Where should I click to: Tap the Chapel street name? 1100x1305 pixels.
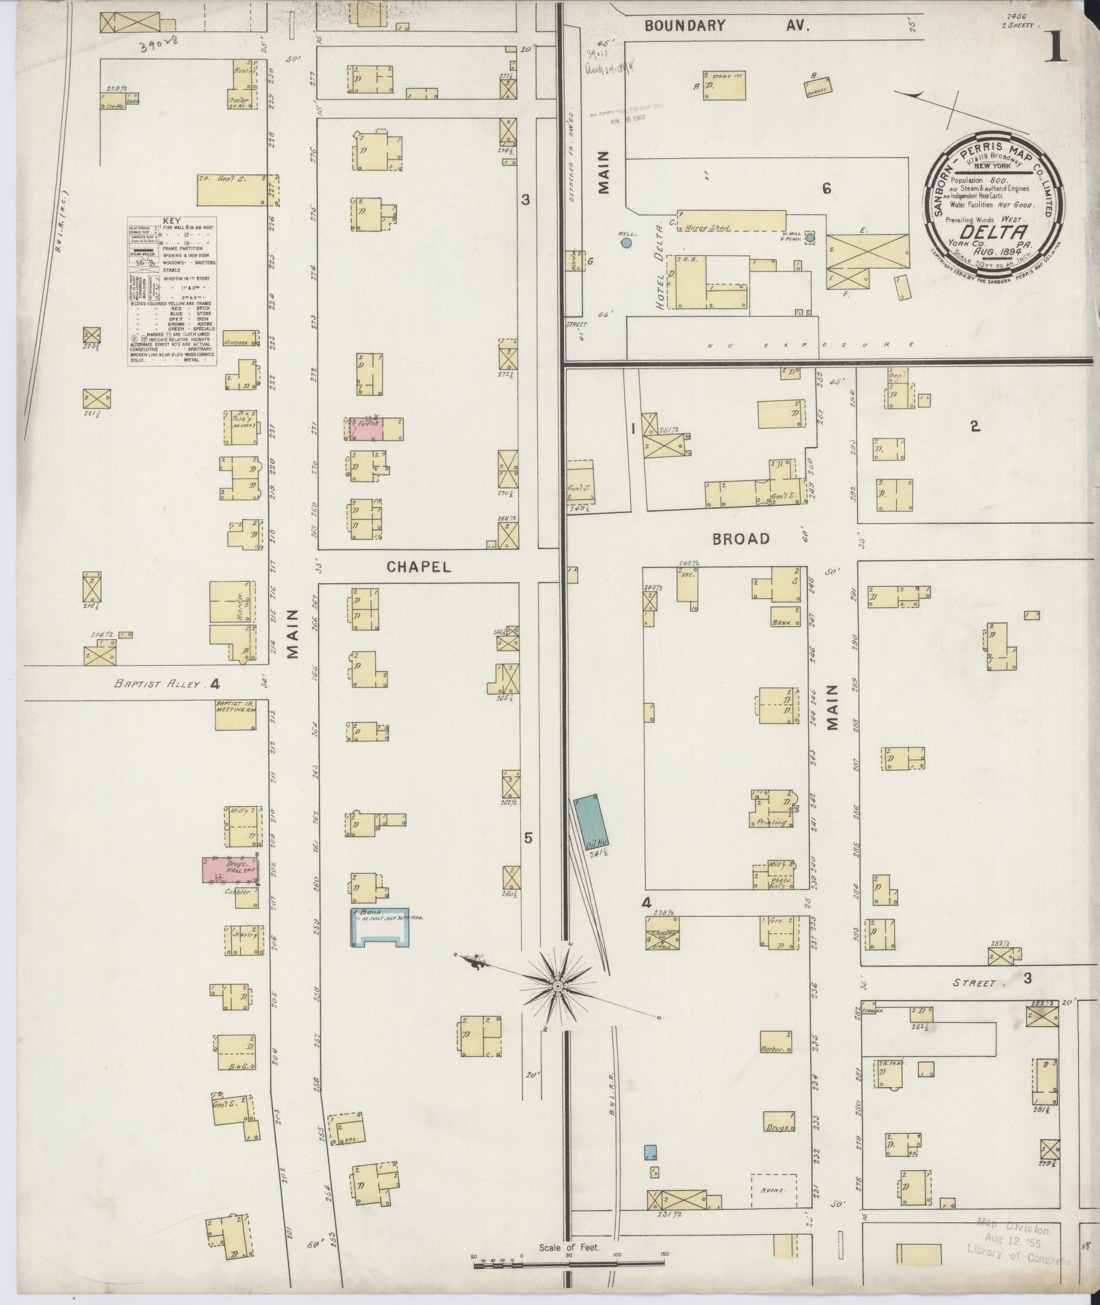419,567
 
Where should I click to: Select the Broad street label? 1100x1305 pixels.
741,539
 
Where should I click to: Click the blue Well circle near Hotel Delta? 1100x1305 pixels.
626,242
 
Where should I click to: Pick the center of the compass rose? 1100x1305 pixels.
558,987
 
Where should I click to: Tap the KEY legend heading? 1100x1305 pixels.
172,221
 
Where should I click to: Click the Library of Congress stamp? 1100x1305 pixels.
1017,1243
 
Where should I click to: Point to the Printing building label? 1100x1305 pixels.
772,822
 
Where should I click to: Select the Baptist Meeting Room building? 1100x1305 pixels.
236,714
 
